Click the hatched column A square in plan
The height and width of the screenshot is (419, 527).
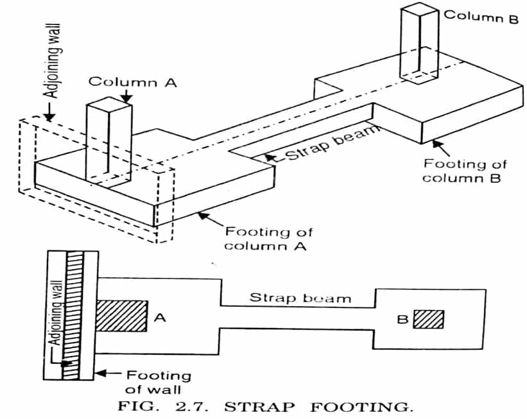click(x=122, y=316)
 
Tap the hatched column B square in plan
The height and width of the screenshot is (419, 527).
click(x=428, y=319)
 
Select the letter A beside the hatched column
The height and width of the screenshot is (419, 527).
click(x=160, y=317)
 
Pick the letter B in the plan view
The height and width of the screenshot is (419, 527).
click(x=402, y=319)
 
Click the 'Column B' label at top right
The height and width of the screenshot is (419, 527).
click(x=481, y=16)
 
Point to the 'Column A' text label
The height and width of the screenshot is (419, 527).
click(x=133, y=82)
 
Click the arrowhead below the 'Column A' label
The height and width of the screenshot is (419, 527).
click(x=126, y=97)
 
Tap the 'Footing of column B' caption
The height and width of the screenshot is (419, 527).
click(x=464, y=171)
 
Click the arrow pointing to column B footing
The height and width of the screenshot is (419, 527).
click(x=440, y=147)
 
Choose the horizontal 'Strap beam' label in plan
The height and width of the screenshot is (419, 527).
click(x=300, y=298)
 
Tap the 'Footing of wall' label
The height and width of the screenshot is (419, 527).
click(x=158, y=382)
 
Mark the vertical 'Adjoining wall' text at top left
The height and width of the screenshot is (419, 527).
click(x=53, y=61)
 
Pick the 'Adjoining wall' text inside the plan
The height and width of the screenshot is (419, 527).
click(x=56, y=312)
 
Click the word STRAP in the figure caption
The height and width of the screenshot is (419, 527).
click(x=259, y=407)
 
